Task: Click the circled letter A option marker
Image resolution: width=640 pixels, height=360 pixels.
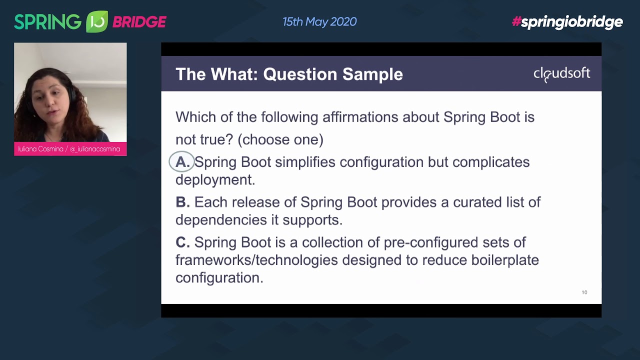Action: click(x=181, y=162)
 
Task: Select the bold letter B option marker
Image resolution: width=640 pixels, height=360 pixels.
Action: click(x=182, y=202)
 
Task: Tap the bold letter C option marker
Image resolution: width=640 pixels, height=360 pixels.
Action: click(x=182, y=242)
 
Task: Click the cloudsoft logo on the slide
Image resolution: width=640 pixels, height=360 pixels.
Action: click(x=561, y=74)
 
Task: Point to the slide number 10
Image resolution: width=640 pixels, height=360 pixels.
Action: click(x=584, y=292)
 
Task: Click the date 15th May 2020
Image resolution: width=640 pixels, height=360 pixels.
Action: click(x=319, y=22)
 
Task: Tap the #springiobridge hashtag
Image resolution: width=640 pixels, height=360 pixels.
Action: click(x=567, y=22)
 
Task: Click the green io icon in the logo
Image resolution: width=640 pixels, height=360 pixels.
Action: click(x=96, y=22)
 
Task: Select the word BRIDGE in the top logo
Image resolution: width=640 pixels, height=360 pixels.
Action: click(x=139, y=22)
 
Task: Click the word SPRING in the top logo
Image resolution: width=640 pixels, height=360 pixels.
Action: click(x=47, y=22)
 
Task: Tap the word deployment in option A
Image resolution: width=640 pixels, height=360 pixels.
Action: click(x=215, y=180)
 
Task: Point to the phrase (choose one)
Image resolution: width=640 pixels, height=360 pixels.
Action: click(x=280, y=139)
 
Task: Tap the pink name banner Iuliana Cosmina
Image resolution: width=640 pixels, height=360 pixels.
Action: click(x=70, y=149)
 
